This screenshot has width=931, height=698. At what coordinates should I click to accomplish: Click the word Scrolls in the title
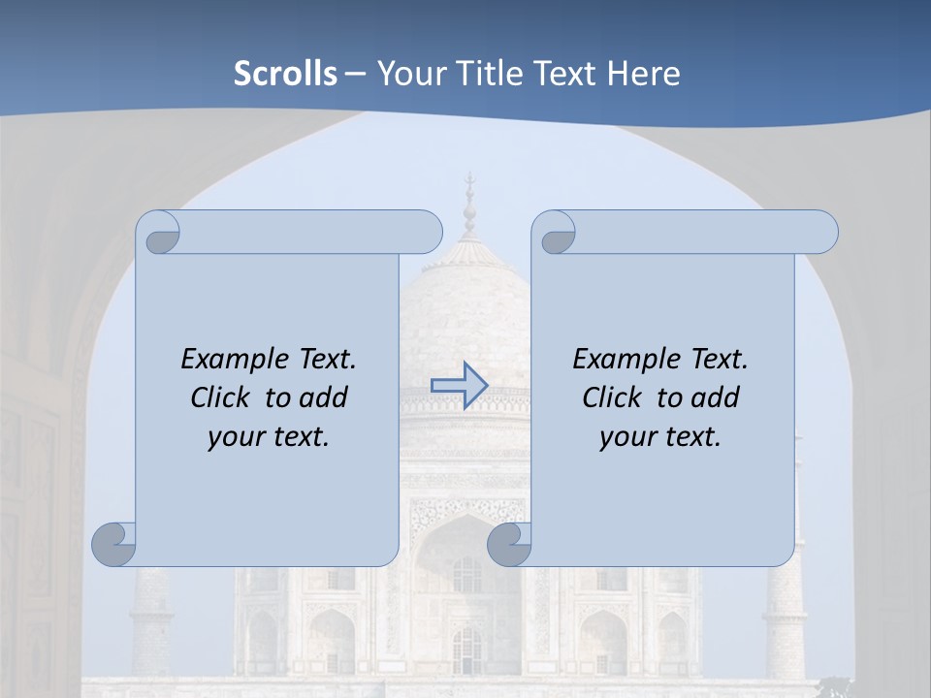[x=285, y=74]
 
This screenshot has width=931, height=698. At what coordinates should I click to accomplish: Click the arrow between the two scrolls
[x=459, y=385]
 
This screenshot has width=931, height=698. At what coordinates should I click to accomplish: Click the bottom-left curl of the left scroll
[x=114, y=544]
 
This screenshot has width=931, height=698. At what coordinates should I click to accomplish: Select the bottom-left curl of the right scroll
[x=509, y=545]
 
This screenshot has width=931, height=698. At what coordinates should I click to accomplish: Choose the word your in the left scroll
[x=234, y=437]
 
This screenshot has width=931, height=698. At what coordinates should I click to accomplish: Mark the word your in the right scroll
[x=626, y=437]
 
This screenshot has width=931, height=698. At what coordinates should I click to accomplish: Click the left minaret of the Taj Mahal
[x=151, y=620]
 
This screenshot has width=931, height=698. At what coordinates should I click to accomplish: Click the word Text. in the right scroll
[x=719, y=360]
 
